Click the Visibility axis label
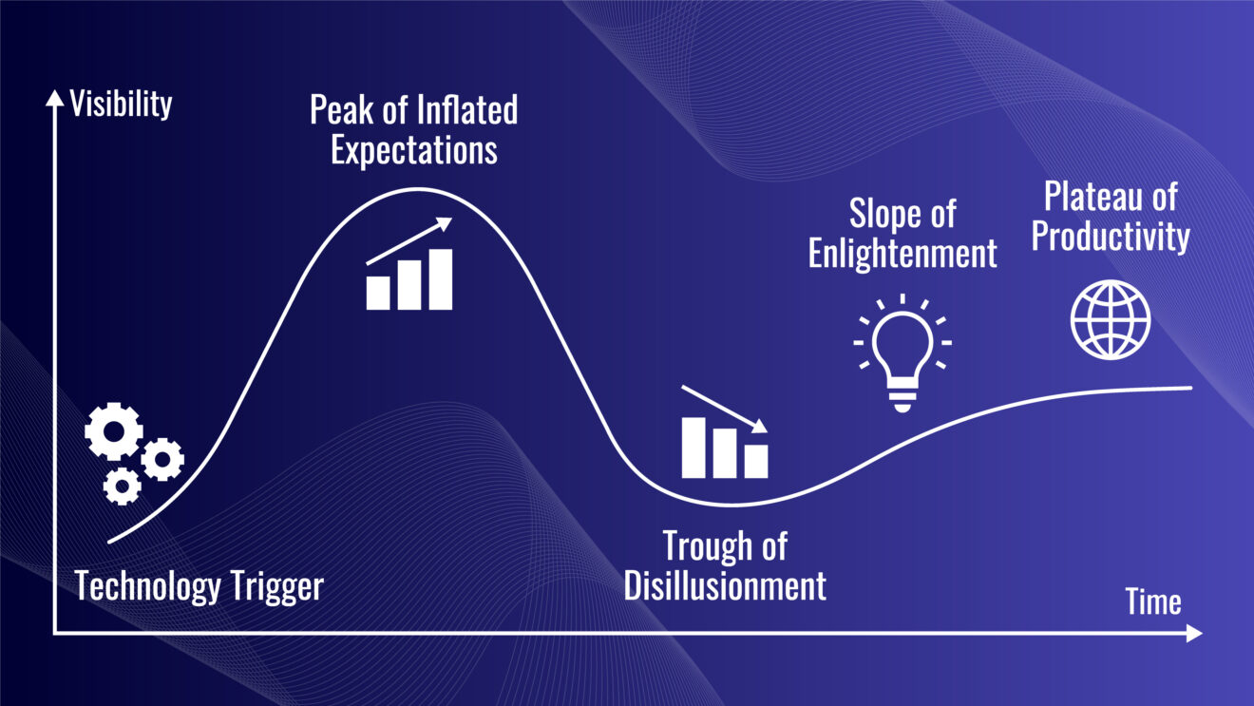[x=121, y=105]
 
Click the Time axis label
[x=1153, y=601]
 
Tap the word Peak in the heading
[x=342, y=109]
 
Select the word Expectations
[x=413, y=150]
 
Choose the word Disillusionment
[x=725, y=585]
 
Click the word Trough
[x=708, y=547]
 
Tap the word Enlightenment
[x=902, y=253]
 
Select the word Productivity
[x=1111, y=237]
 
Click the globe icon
[x=1111, y=319]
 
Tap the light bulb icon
[x=902, y=353]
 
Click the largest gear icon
[x=114, y=431]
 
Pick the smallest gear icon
[x=122, y=487]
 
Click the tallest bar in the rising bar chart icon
[x=441, y=279]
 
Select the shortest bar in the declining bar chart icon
[x=756, y=462]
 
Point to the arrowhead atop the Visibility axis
[x=54, y=98]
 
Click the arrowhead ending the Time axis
[x=1194, y=633]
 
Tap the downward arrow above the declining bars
[x=725, y=410]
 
